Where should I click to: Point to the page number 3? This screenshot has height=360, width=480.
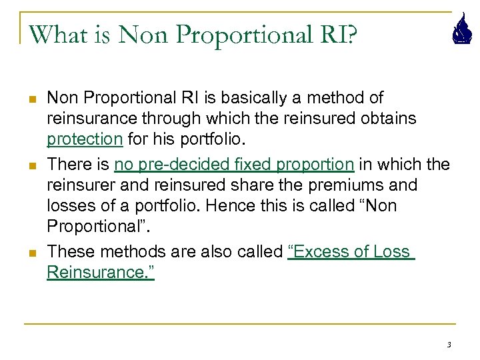point(449,345)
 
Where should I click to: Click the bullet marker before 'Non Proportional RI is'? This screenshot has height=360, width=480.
point(31,99)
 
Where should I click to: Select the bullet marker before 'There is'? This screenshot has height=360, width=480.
point(31,165)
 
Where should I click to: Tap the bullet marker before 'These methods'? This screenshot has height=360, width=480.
point(31,252)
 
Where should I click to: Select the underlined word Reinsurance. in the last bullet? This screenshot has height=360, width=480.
point(100,272)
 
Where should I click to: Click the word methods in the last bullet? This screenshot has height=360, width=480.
point(125,251)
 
